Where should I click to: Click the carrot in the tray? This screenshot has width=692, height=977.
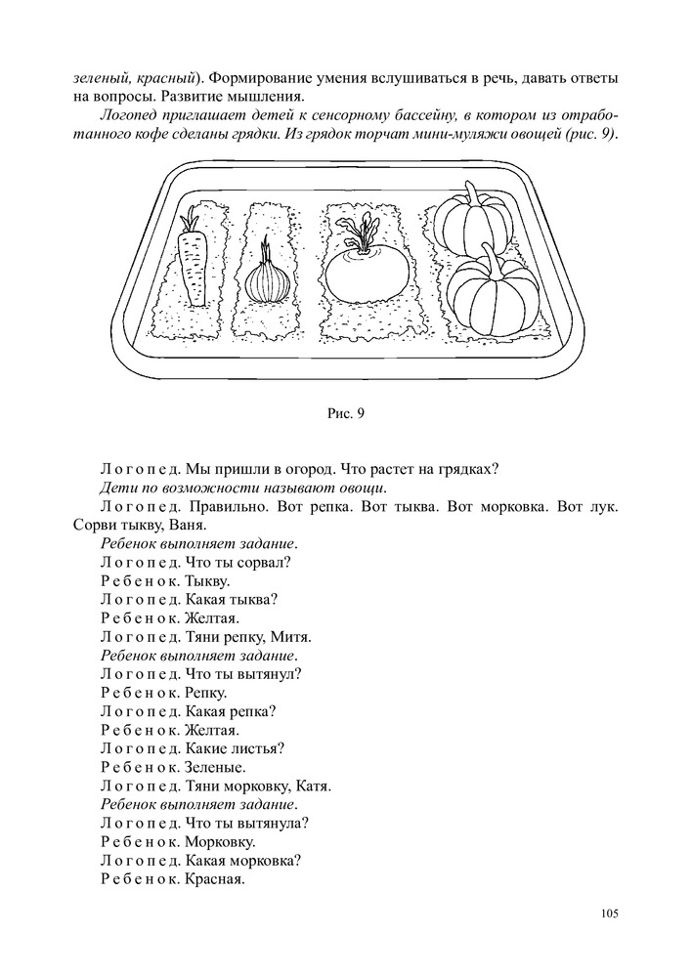click(x=193, y=266)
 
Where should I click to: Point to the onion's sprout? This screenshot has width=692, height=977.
click(x=265, y=250)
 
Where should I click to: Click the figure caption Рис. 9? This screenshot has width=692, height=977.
click(x=346, y=413)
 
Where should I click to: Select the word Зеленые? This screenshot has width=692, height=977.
click(x=215, y=766)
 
